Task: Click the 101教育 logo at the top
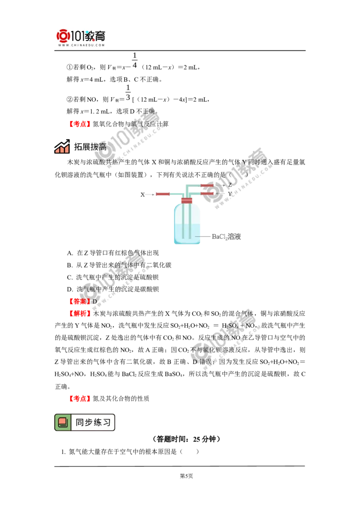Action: (81, 38)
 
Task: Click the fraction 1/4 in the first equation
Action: (135, 60)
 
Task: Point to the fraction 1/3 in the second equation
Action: (128, 93)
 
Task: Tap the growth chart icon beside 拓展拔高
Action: (62, 147)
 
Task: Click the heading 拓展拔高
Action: (90, 147)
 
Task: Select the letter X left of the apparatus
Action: (142, 195)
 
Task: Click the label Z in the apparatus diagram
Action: (229, 185)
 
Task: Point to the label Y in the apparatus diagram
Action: (229, 194)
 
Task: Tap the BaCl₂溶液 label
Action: (226, 237)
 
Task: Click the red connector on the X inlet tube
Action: (163, 194)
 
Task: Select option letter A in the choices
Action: (69, 253)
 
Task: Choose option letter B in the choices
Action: (69, 265)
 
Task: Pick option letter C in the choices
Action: (69, 277)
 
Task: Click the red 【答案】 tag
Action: (79, 301)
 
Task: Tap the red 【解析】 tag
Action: (79, 313)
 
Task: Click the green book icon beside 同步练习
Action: (63, 422)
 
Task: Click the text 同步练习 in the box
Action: (93, 422)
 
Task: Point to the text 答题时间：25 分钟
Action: (186, 439)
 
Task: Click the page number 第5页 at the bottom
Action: (186, 476)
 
